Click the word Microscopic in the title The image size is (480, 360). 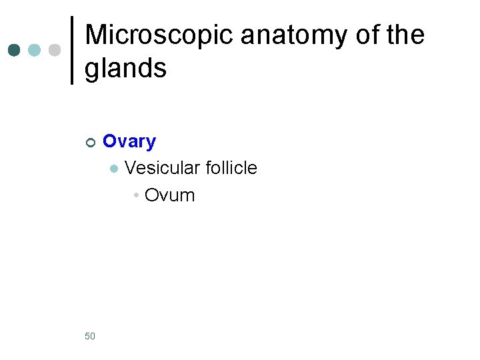tap(159, 36)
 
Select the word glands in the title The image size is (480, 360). tap(125, 68)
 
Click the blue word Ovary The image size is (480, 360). tap(129, 141)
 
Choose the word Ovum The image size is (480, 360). tap(169, 195)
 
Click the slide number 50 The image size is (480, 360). tap(90, 336)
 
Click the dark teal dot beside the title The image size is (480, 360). tap(14, 50)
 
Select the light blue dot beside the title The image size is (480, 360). tap(35, 50)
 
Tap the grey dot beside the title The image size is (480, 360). tap(55, 50)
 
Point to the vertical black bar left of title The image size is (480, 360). tap(72, 50)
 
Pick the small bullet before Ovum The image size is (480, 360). tap(135, 195)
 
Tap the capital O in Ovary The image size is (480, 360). tap(110, 141)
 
